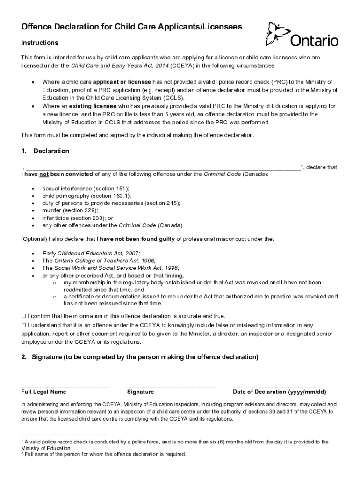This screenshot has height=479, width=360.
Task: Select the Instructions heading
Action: pos(40,43)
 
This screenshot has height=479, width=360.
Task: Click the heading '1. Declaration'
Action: pos(45,151)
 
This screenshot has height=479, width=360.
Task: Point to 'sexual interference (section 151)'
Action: pos(86,188)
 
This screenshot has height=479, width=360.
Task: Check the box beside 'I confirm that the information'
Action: pos(24,316)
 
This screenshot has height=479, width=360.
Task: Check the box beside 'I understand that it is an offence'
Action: pos(24,325)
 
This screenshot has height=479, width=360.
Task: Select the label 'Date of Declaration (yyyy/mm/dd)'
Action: pos(279,392)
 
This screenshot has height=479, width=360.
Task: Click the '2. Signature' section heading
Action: pos(140,357)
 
